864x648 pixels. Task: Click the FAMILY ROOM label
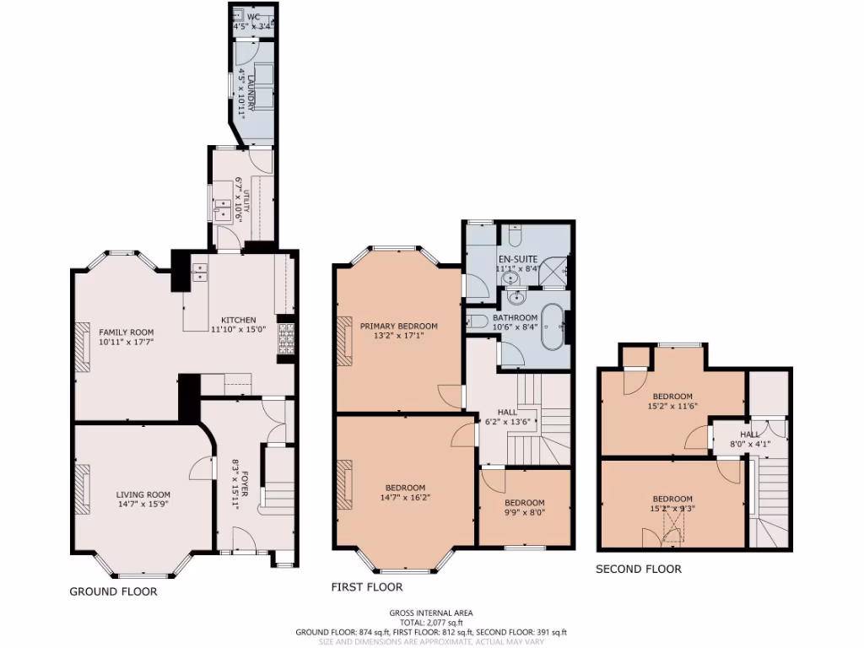coord(126,332)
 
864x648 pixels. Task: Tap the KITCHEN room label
coord(239,320)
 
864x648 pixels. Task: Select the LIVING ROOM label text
coord(143,495)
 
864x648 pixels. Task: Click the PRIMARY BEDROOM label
coord(399,327)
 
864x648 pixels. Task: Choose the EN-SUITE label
coord(518,258)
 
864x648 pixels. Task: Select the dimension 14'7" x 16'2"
coord(405,498)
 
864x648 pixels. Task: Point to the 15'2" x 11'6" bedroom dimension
coord(672,407)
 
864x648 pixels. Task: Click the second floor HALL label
coord(749,435)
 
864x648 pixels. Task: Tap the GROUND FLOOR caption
coord(113,592)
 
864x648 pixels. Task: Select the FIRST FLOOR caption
coord(367,587)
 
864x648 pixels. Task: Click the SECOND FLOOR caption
coord(638,570)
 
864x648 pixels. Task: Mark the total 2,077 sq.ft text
coord(430,623)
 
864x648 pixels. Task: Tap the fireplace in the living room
coord(82,489)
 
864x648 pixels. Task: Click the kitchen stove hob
coord(286,337)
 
